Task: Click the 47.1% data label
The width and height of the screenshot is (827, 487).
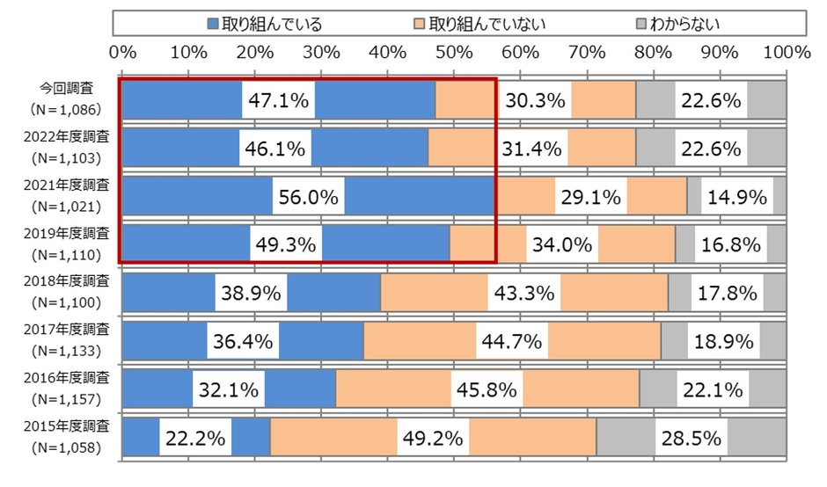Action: (x=279, y=101)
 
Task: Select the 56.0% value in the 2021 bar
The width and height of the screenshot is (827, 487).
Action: (x=309, y=197)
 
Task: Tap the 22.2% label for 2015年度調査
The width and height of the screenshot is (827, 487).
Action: (x=194, y=437)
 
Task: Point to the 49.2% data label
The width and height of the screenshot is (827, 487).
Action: (x=432, y=437)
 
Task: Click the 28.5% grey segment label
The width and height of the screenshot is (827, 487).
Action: (x=692, y=437)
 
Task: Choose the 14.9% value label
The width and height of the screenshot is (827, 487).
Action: (x=737, y=197)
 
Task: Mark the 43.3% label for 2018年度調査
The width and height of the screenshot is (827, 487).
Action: (x=524, y=293)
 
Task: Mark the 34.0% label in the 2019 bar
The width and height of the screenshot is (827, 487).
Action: (x=562, y=245)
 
